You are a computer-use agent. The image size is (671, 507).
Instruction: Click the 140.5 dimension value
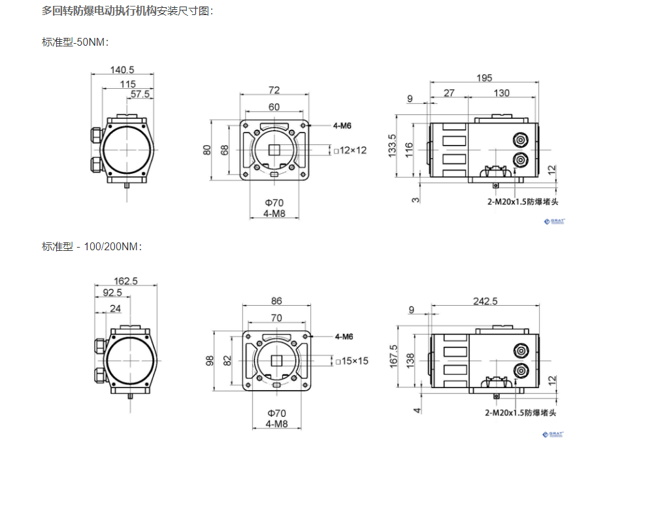(x=122, y=70)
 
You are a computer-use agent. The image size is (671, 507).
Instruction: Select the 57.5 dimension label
(x=140, y=94)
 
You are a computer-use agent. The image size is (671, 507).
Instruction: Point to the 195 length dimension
(x=484, y=78)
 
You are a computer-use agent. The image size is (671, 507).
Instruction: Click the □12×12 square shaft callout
(x=350, y=150)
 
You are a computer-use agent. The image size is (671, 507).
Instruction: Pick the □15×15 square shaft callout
(x=351, y=361)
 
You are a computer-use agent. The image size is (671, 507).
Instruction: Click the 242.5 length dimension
(x=485, y=301)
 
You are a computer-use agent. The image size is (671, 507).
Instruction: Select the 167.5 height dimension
(x=393, y=357)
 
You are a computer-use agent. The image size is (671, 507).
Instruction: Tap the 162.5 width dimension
(x=125, y=281)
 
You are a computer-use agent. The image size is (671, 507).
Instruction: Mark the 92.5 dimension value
(x=112, y=293)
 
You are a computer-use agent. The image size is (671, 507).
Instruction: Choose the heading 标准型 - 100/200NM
(x=92, y=246)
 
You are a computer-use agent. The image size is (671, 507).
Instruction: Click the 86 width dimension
(x=276, y=301)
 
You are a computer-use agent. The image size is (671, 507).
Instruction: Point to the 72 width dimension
(x=274, y=90)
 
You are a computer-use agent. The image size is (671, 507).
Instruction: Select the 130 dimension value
(x=502, y=93)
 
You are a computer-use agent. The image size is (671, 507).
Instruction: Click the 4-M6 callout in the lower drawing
(x=344, y=336)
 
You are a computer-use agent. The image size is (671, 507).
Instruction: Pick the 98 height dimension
(x=210, y=361)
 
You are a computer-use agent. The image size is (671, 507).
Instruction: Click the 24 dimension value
(x=115, y=308)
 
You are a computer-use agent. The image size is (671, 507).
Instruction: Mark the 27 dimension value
(x=449, y=93)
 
